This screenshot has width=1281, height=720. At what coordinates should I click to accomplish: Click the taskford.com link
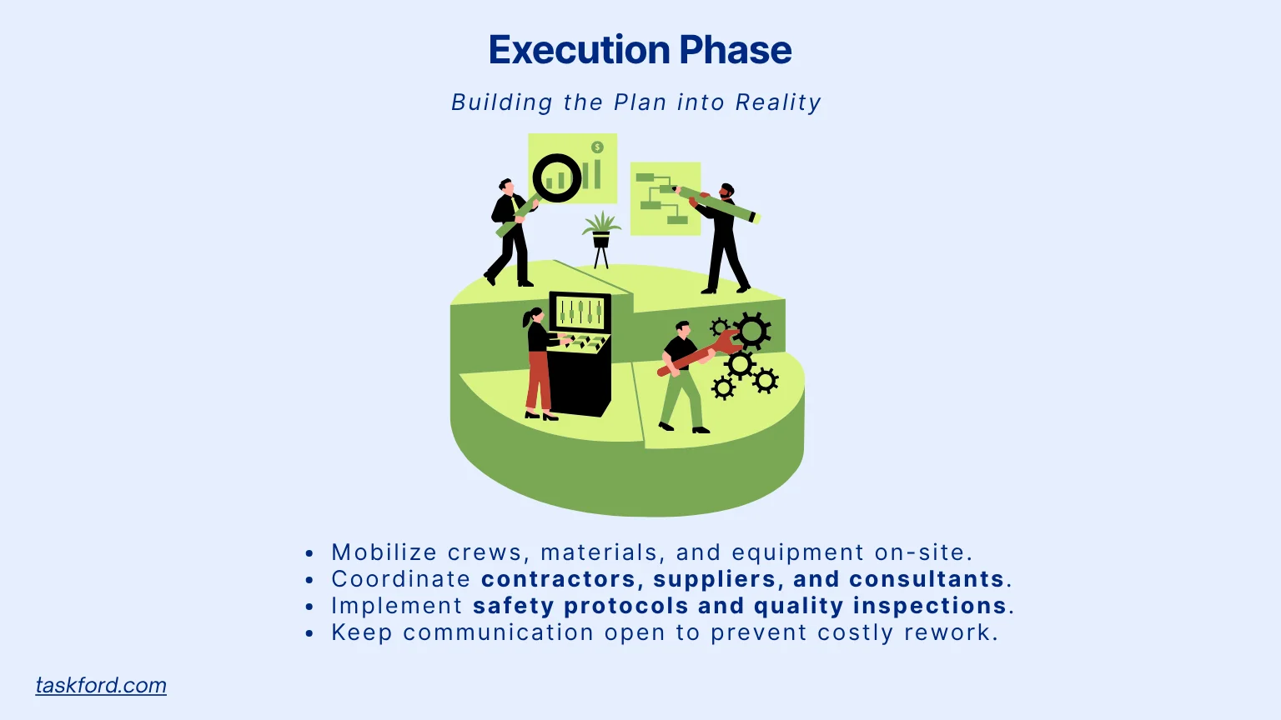(101, 685)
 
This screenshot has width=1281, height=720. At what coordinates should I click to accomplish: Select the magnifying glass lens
(557, 177)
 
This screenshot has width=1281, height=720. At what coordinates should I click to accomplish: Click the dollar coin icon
(597, 147)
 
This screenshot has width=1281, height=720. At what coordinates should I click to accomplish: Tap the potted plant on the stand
(601, 237)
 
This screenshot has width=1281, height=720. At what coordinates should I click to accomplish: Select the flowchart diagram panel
(665, 199)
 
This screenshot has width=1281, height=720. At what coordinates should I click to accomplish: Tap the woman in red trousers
(538, 362)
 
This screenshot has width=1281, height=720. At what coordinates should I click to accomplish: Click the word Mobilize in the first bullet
(384, 552)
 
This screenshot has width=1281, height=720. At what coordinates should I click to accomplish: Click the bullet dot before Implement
(309, 607)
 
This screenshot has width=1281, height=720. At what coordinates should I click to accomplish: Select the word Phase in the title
(735, 50)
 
